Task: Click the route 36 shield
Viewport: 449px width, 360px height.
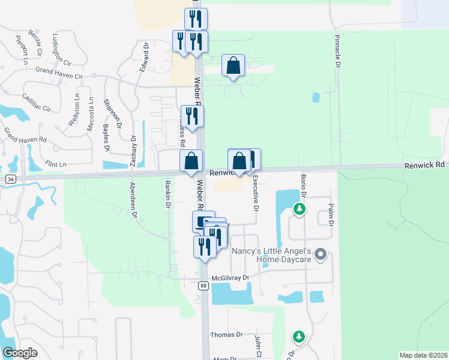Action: pyautogui.click(x=10, y=179)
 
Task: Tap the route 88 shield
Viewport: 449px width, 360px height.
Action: pyautogui.click(x=203, y=286)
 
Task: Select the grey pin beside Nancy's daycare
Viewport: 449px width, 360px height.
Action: pyautogui.click(x=321, y=255)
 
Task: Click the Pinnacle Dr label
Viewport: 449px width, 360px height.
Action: pyautogui.click(x=337, y=50)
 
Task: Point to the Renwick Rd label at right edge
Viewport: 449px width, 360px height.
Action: pyautogui.click(x=424, y=164)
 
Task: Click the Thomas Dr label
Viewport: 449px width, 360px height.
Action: pyautogui.click(x=226, y=335)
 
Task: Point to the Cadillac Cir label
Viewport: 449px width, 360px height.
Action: pyautogui.click(x=37, y=103)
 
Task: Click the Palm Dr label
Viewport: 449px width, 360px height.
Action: pyautogui.click(x=330, y=215)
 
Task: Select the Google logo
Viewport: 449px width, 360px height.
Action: pyautogui.click(x=20, y=353)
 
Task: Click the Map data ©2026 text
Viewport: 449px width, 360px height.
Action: pyautogui.click(x=423, y=355)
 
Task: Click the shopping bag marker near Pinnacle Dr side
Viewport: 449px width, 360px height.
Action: pyautogui.click(x=233, y=67)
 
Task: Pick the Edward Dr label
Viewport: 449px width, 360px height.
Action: pyautogui.click(x=144, y=57)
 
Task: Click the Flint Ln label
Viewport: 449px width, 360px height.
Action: pyautogui.click(x=55, y=164)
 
